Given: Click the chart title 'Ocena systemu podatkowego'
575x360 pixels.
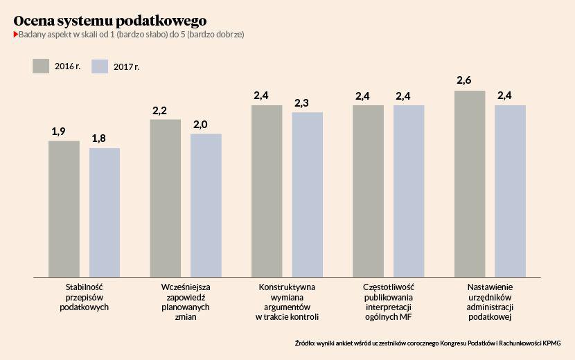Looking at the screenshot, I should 109,20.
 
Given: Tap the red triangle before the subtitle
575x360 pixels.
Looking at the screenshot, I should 16,34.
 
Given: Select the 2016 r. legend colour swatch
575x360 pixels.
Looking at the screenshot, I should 40,65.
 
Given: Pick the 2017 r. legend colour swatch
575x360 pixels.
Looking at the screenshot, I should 100,66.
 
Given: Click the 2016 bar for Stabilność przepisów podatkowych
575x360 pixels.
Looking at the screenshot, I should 64,208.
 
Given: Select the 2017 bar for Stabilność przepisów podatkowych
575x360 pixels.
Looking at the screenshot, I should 105,212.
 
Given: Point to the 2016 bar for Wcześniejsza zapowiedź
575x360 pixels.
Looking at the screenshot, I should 165,198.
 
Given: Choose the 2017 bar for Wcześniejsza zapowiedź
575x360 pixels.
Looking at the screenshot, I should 206,205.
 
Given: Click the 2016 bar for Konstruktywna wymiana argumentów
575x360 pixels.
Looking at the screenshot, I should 267,190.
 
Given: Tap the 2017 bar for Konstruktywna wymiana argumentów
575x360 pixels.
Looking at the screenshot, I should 307,194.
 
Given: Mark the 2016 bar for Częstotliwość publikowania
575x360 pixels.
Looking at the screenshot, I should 368,190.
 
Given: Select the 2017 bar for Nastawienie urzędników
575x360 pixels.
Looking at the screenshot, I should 510,190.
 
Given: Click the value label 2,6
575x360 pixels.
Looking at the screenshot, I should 464,81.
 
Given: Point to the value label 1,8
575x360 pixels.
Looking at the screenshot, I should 99,138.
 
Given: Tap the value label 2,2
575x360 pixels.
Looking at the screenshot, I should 159,110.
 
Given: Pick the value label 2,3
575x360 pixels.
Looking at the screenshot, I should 301,103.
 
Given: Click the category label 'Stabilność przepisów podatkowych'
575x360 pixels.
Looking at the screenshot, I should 84,296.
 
